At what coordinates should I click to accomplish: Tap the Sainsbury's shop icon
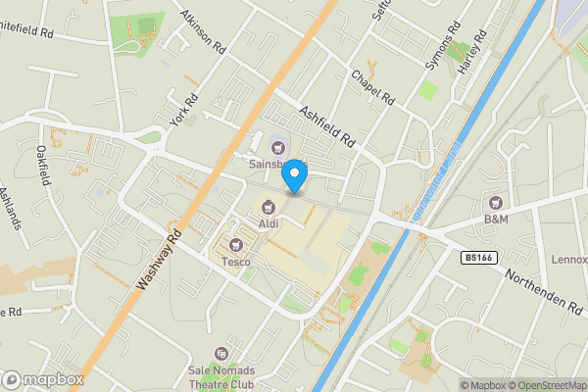264,148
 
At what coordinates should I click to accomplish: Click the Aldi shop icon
268,207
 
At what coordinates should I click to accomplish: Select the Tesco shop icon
234,244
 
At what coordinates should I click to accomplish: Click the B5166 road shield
477,257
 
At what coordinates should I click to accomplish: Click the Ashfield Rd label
327,128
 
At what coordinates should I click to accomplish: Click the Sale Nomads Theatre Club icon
222,353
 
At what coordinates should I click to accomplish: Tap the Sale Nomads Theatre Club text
221,377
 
